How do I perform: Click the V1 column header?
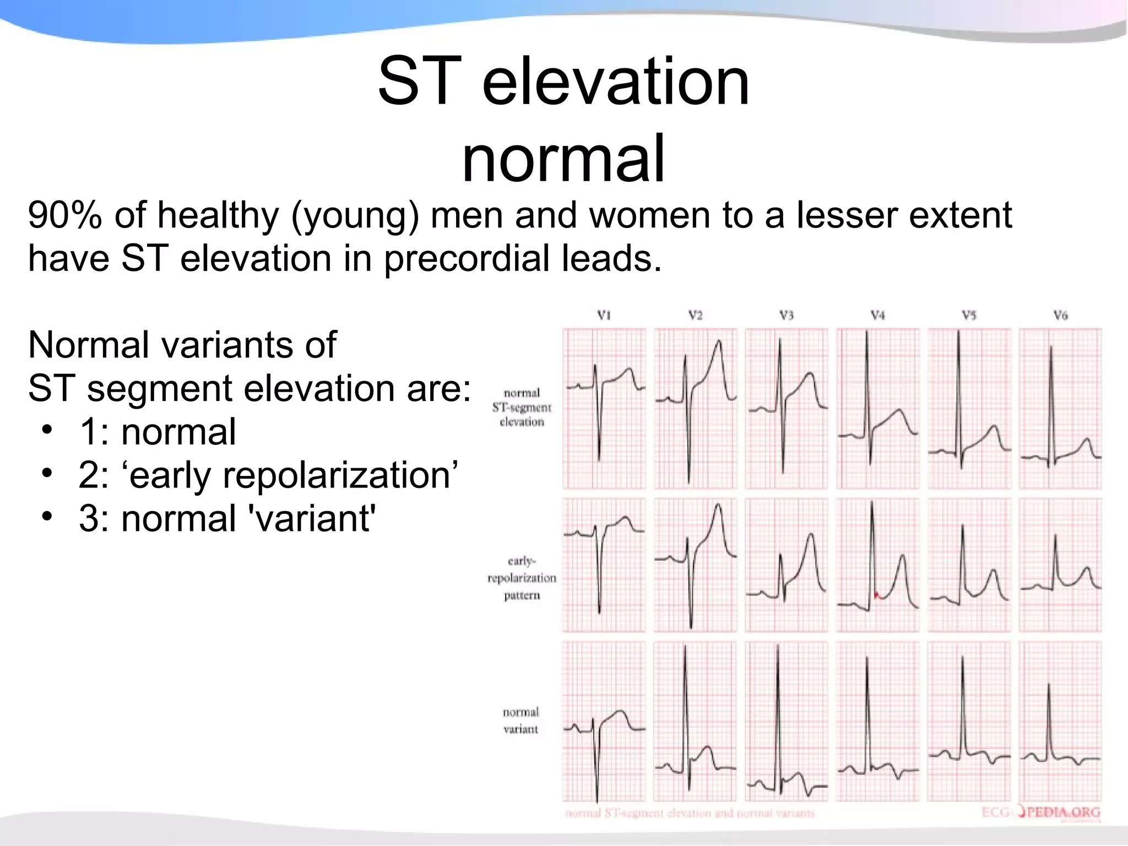coord(604,316)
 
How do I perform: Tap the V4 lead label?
coord(877,316)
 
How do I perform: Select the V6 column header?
coord(1060,316)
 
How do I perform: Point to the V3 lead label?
coord(786,316)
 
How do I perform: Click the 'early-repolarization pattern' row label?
coord(522,578)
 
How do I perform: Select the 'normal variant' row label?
coord(520,720)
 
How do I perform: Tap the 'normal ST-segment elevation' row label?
coord(522,407)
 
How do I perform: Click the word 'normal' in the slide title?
coord(563,160)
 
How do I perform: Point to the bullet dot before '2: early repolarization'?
coord(48,473)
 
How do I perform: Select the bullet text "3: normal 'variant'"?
coord(227,518)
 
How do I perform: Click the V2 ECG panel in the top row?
coord(695,408)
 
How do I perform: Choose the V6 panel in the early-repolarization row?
coord(1060,565)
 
